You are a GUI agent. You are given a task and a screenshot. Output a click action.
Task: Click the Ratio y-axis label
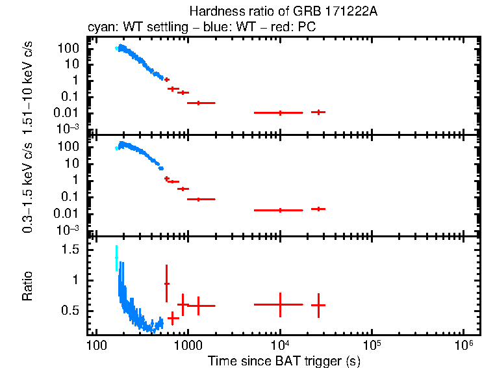tap(28, 287)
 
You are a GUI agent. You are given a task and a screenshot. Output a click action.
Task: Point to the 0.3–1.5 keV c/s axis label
tap(28, 187)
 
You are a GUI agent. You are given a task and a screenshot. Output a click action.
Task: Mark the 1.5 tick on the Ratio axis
tap(78, 250)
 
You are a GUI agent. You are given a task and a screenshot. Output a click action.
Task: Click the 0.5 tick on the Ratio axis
tap(78, 311)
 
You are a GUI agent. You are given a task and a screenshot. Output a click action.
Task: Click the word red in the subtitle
tap(287, 28)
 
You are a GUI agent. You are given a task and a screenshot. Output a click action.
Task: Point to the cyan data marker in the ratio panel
tap(117, 257)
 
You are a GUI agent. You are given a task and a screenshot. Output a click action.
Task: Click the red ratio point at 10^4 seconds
tap(280, 304)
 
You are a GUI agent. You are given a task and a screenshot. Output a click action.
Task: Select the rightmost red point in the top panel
tap(318, 112)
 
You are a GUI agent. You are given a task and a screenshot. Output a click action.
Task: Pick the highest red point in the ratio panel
tap(167, 283)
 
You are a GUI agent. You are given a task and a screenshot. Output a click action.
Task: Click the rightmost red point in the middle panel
tap(318, 209)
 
